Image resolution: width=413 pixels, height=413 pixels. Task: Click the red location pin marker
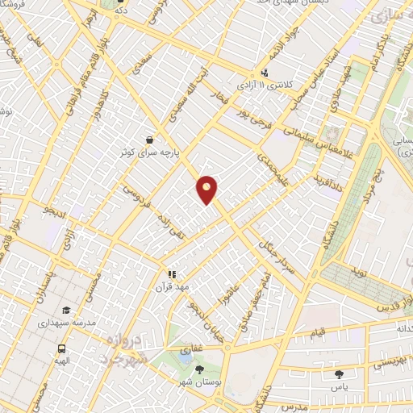207,189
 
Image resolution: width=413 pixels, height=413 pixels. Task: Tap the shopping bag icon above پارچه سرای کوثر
149,139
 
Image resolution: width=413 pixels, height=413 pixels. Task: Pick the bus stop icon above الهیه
61,349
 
